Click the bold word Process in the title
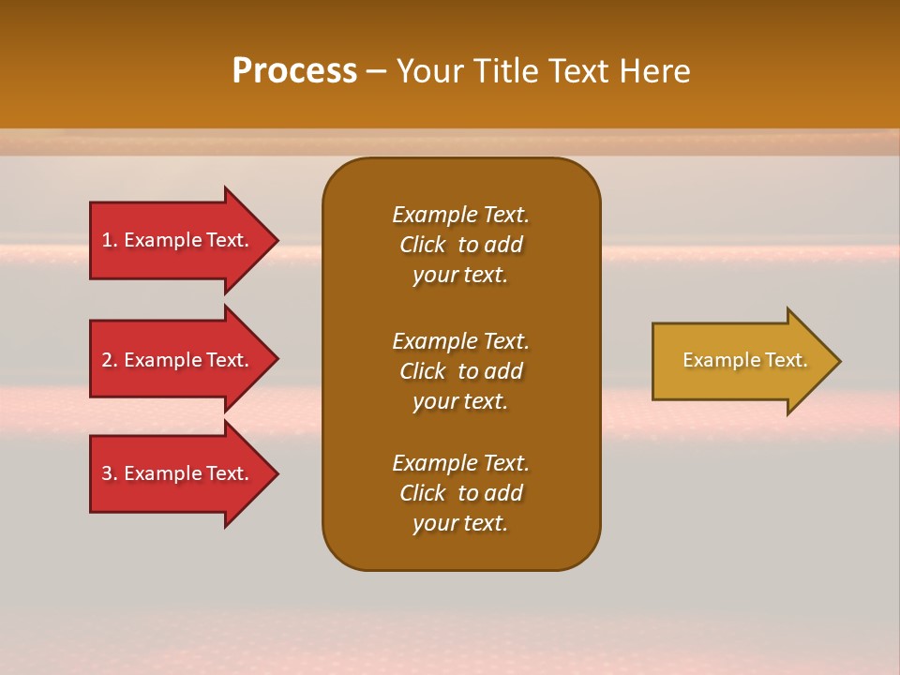coord(294,71)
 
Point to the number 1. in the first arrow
coord(110,240)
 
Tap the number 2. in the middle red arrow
coord(110,360)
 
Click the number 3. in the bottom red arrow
coord(110,473)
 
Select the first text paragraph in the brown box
coord(460,245)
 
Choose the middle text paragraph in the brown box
coord(460,371)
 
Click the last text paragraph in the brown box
coord(460,493)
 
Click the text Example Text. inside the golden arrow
coord(745,360)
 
